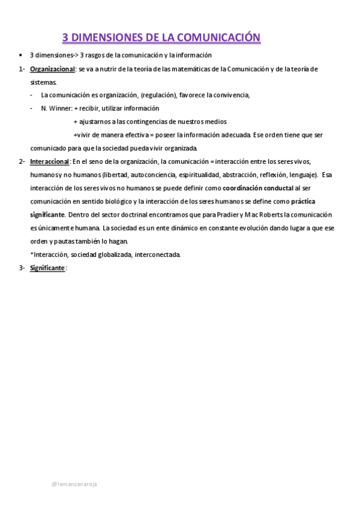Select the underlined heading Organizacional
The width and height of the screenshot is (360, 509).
point(52,69)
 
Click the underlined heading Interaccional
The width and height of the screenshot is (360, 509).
point(50,161)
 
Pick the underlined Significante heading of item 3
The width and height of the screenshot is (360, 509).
point(47,268)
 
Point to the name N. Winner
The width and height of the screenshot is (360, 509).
point(56,109)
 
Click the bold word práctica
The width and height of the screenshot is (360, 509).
point(304,201)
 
